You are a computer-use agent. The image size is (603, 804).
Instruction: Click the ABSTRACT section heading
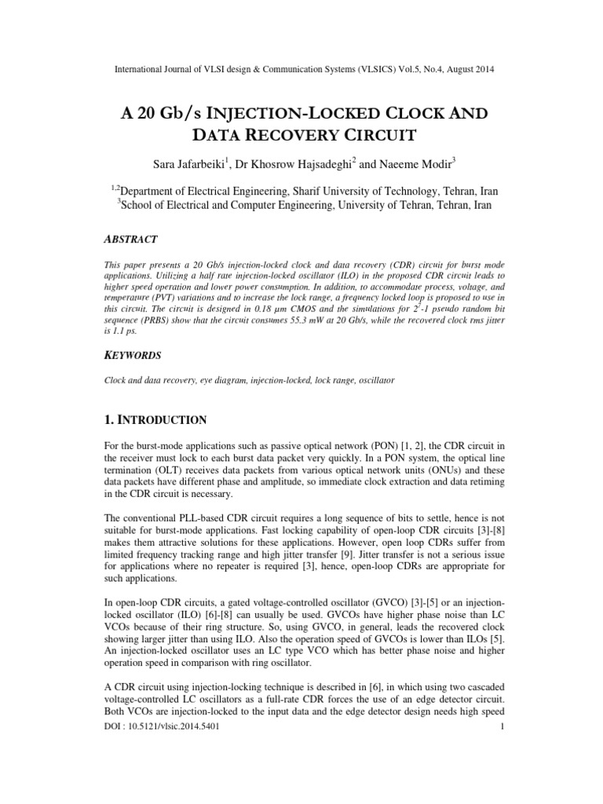(x=131, y=239)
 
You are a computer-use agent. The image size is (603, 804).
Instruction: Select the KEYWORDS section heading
(x=133, y=355)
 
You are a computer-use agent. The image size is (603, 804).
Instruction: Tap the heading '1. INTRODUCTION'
(x=155, y=419)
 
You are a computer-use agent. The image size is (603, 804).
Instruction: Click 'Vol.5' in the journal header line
(x=403, y=70)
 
